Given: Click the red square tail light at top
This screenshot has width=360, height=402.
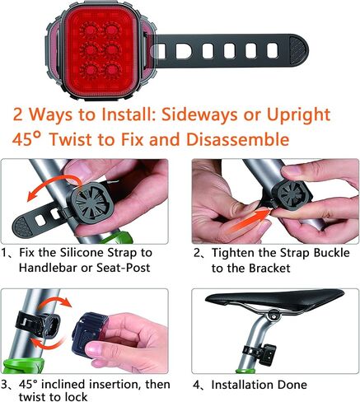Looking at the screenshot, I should [102, 45].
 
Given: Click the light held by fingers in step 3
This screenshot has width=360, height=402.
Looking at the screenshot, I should [92, 336].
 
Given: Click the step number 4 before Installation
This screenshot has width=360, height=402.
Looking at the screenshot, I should [198, 385].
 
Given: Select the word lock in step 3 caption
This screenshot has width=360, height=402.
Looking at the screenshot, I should [79, 396].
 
